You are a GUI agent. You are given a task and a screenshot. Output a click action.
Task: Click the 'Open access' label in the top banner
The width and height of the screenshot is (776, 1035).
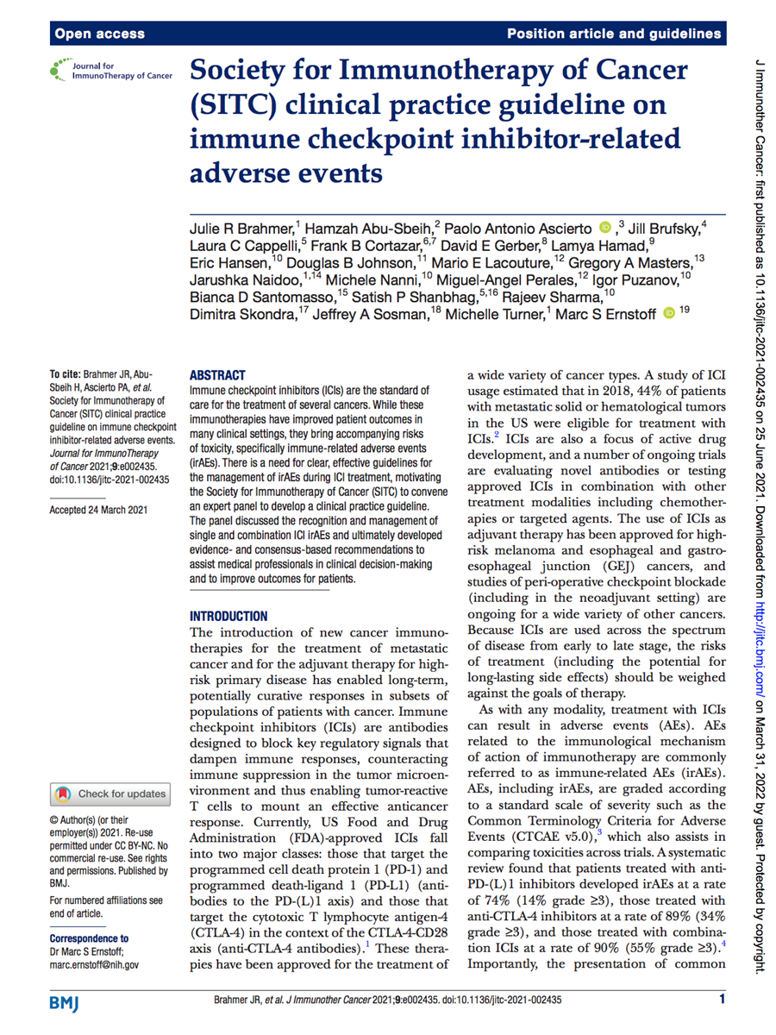click(99, 34)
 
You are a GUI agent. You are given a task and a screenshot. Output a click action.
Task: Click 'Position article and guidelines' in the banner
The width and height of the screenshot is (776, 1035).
click(614, 34)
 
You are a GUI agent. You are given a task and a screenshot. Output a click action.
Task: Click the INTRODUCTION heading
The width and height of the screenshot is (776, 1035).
click(228, 616)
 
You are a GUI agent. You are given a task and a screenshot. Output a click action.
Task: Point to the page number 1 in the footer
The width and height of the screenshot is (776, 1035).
click(722, 999)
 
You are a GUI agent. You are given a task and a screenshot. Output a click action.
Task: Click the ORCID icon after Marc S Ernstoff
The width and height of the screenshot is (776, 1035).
click(668, 312)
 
